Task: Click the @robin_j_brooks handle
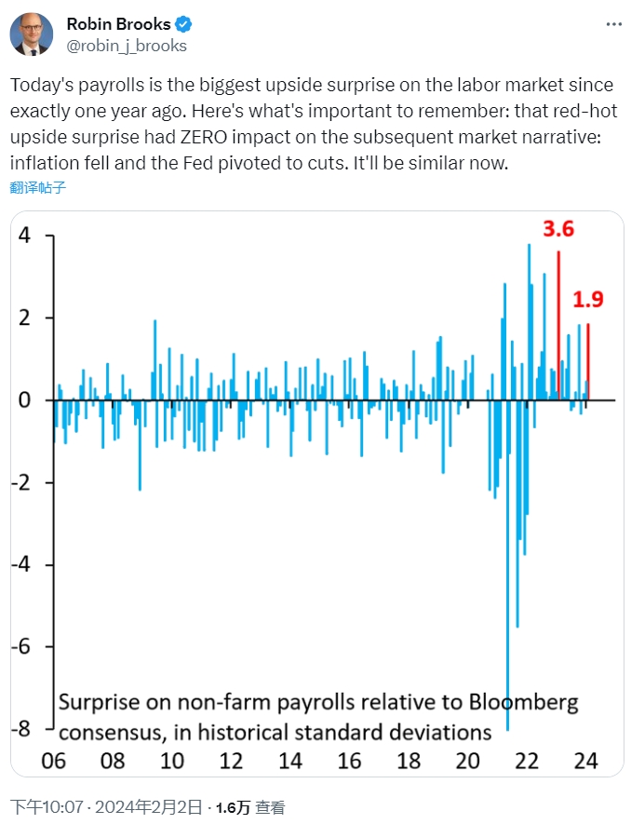click(x=127, y=45)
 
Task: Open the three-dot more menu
click(x=609, y=23)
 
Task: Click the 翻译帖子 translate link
click(x=38, y=187)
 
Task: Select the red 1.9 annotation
click(x=588, y=299)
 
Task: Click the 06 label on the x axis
click(x=53, y=760)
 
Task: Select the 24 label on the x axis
click(x=584, y=760)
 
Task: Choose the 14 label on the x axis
click(x=289, y=760)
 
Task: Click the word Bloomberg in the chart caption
click(x=524, y=701)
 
